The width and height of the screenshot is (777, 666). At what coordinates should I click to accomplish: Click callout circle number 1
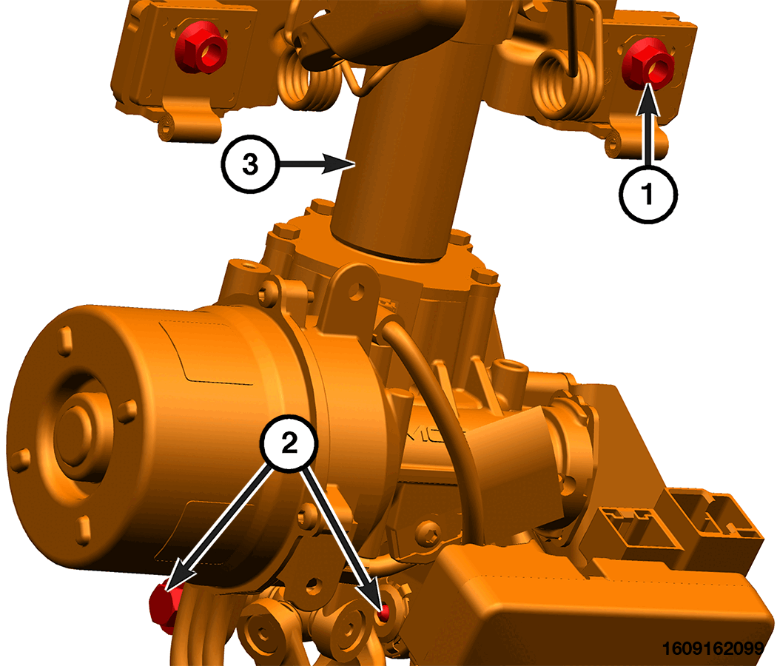click(647, 194)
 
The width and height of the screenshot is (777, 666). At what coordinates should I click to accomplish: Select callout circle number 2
click(289, 443)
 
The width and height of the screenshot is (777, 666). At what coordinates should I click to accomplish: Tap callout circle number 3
click(250, 164)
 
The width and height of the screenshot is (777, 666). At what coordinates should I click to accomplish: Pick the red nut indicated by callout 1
click(648, 64)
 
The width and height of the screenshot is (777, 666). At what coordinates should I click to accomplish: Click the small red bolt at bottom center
click(383, 614)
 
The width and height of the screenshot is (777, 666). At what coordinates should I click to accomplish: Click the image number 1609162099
click(713, 647)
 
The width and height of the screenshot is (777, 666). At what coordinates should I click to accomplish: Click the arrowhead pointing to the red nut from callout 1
click(648, 100)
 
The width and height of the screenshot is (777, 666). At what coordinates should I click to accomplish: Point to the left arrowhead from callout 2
click(179, 579)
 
